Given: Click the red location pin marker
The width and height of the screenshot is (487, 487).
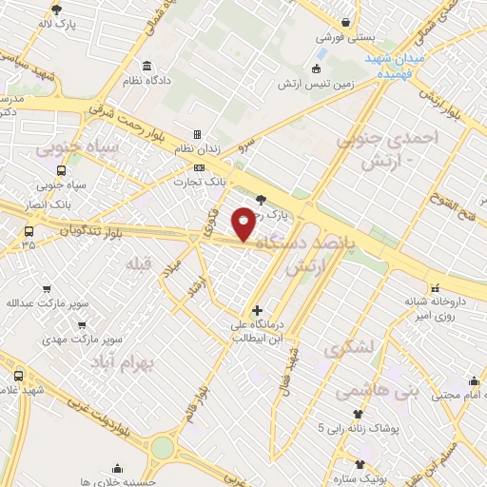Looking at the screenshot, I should (x=244, y=224).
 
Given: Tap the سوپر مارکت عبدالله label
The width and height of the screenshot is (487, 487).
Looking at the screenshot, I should (x=48, y=303).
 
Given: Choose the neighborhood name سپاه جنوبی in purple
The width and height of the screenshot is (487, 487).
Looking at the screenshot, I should (x=76, y=149).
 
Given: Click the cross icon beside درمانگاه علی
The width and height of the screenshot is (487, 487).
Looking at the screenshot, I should (x=258, y=310).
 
